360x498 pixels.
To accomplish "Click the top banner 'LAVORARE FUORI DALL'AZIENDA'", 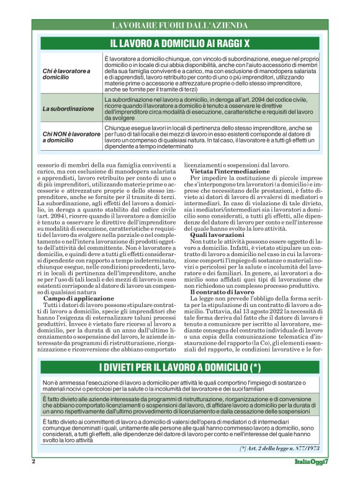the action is (180, 25).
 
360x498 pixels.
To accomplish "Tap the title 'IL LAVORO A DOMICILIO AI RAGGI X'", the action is (180, 43).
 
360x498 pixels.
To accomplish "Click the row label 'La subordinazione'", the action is (69, 109).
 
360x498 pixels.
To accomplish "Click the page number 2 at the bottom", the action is (34, 461).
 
